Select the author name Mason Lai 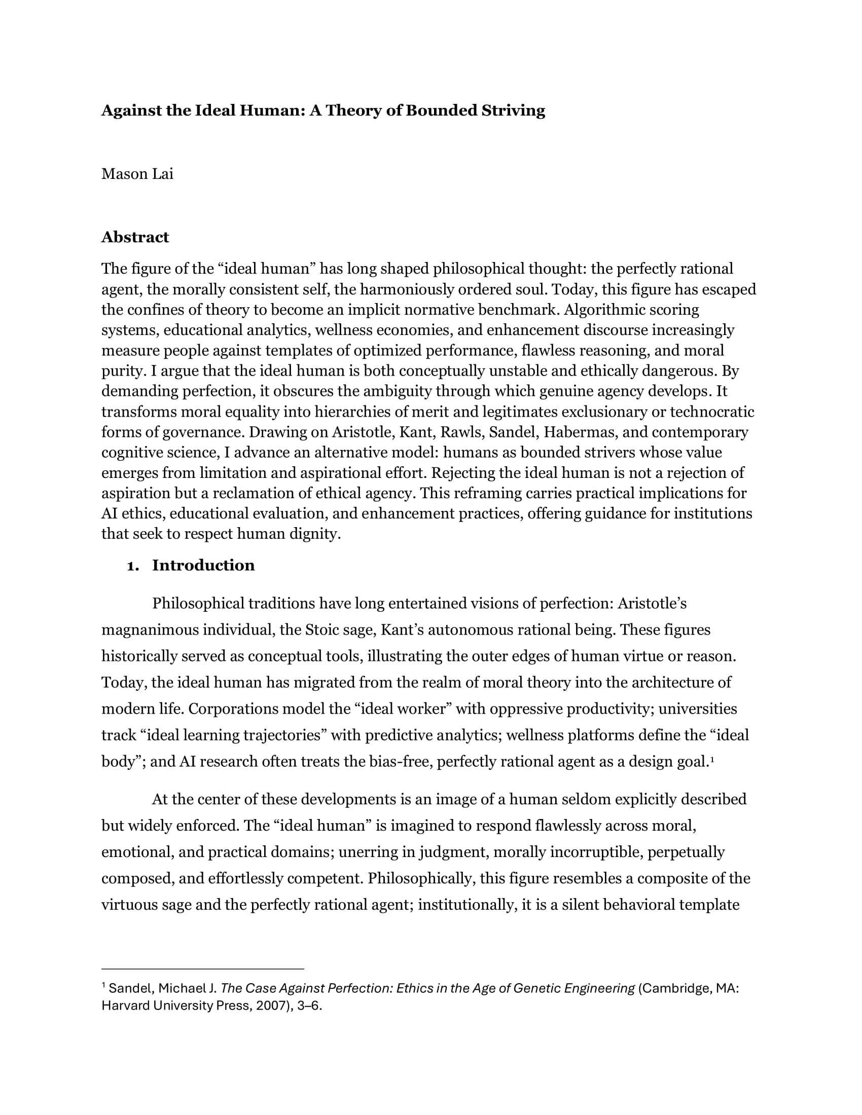(137, 174)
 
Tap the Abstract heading (135, 237)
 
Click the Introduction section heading (203, 565)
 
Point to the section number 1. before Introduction (133, 566)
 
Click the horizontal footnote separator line (203, 969)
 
